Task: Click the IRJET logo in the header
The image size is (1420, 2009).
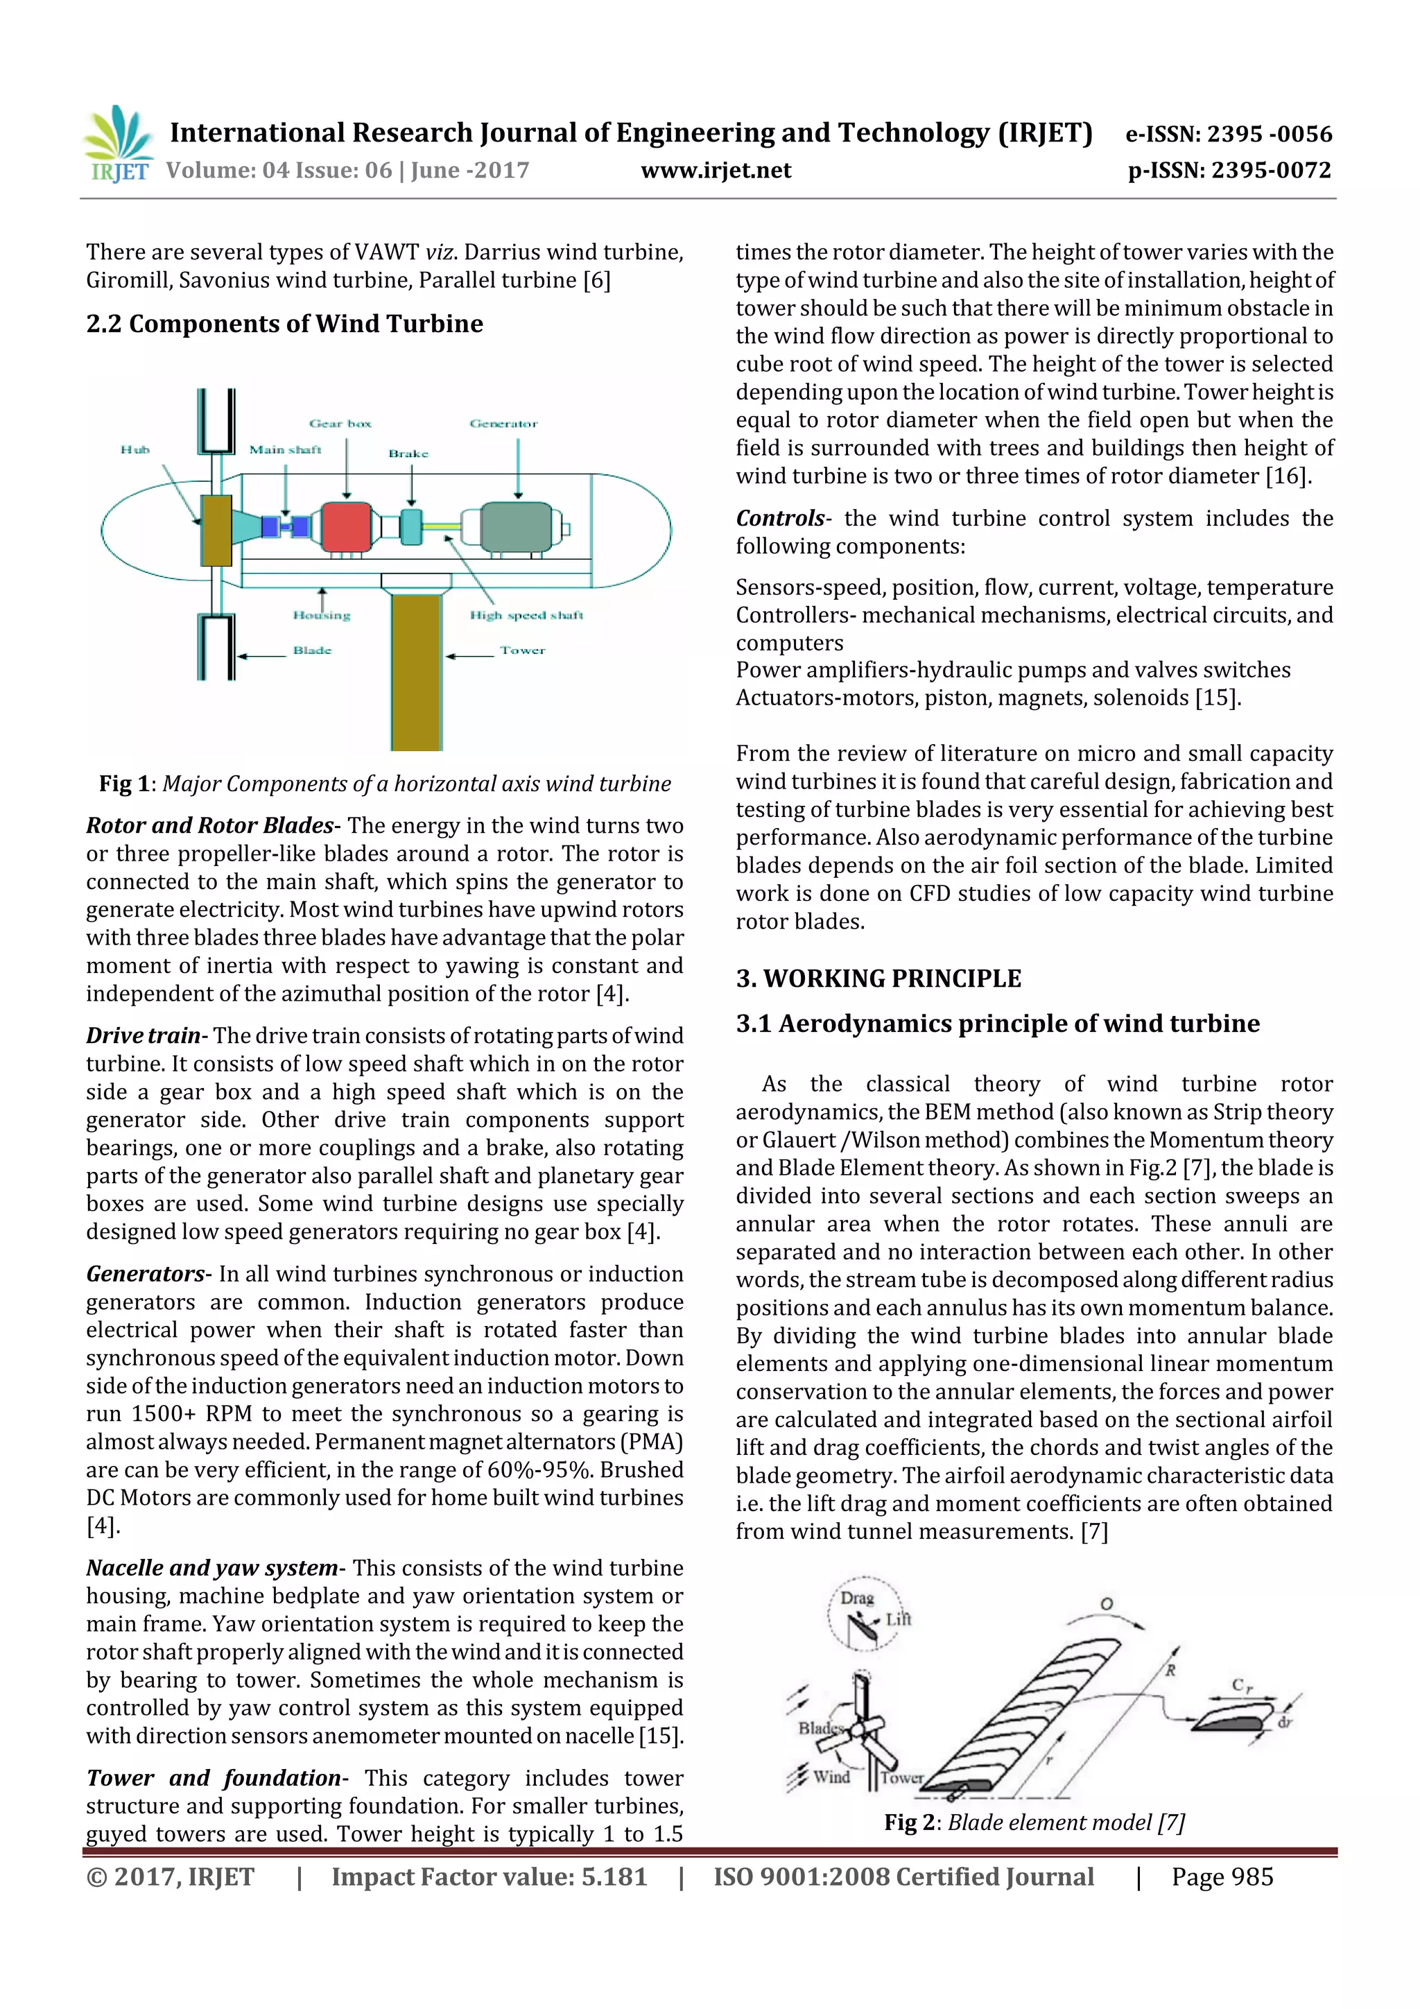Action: point(118,144)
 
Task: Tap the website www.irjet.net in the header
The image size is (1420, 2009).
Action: point(716,171)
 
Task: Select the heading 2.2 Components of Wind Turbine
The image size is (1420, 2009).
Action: point(284,324)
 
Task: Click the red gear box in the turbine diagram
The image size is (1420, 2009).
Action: point(347,527)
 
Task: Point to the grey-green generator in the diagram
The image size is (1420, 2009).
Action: point(516,527)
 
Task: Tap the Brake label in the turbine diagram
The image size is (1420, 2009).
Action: point(408,454)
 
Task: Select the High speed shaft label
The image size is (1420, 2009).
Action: point(526,615)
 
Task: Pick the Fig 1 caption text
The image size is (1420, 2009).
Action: point(385,784)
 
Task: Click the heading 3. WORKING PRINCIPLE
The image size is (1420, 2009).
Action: point(878,978)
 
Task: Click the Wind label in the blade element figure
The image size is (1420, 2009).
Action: point(831,1776)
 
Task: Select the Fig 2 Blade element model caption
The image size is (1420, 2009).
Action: point(1034,1822)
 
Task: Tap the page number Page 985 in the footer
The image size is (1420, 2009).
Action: point(1222,1877)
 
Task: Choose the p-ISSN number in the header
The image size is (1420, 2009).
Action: point(1229,171)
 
